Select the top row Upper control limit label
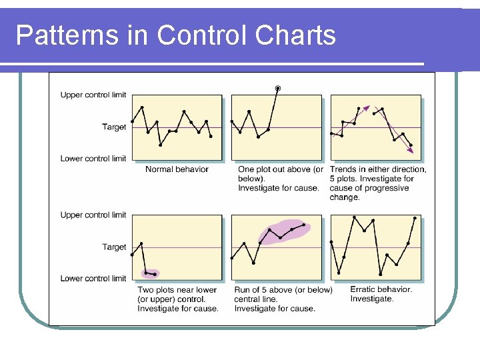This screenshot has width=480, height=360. tap(93, 95)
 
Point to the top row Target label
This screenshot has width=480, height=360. tap(114, 127)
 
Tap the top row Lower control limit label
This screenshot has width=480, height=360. tap(93, 159)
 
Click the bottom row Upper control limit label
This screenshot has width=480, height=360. tap(93, 215)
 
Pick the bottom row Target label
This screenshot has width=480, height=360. tap(114, 247)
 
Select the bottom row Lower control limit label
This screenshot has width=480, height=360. tap(93, 279)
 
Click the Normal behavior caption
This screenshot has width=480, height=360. tap(177, 169)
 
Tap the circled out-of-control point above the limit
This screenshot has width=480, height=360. tap(278, 88)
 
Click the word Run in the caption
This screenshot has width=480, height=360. tap(243, 290)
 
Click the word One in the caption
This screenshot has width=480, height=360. tap(247, 169)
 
